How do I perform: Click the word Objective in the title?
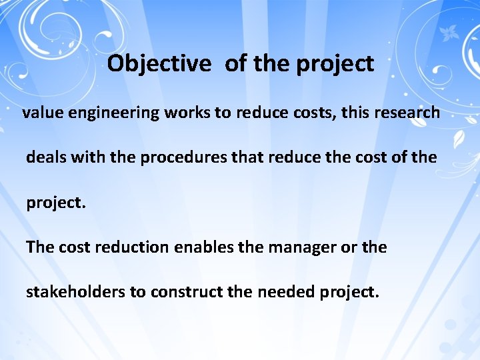click(x=159, y=65)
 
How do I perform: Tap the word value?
click(x=41, y=113)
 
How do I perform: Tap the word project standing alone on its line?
click(x=56, y=203)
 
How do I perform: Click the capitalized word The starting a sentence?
click(x=40, y=247)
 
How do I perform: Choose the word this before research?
click(x=355, y=113)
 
